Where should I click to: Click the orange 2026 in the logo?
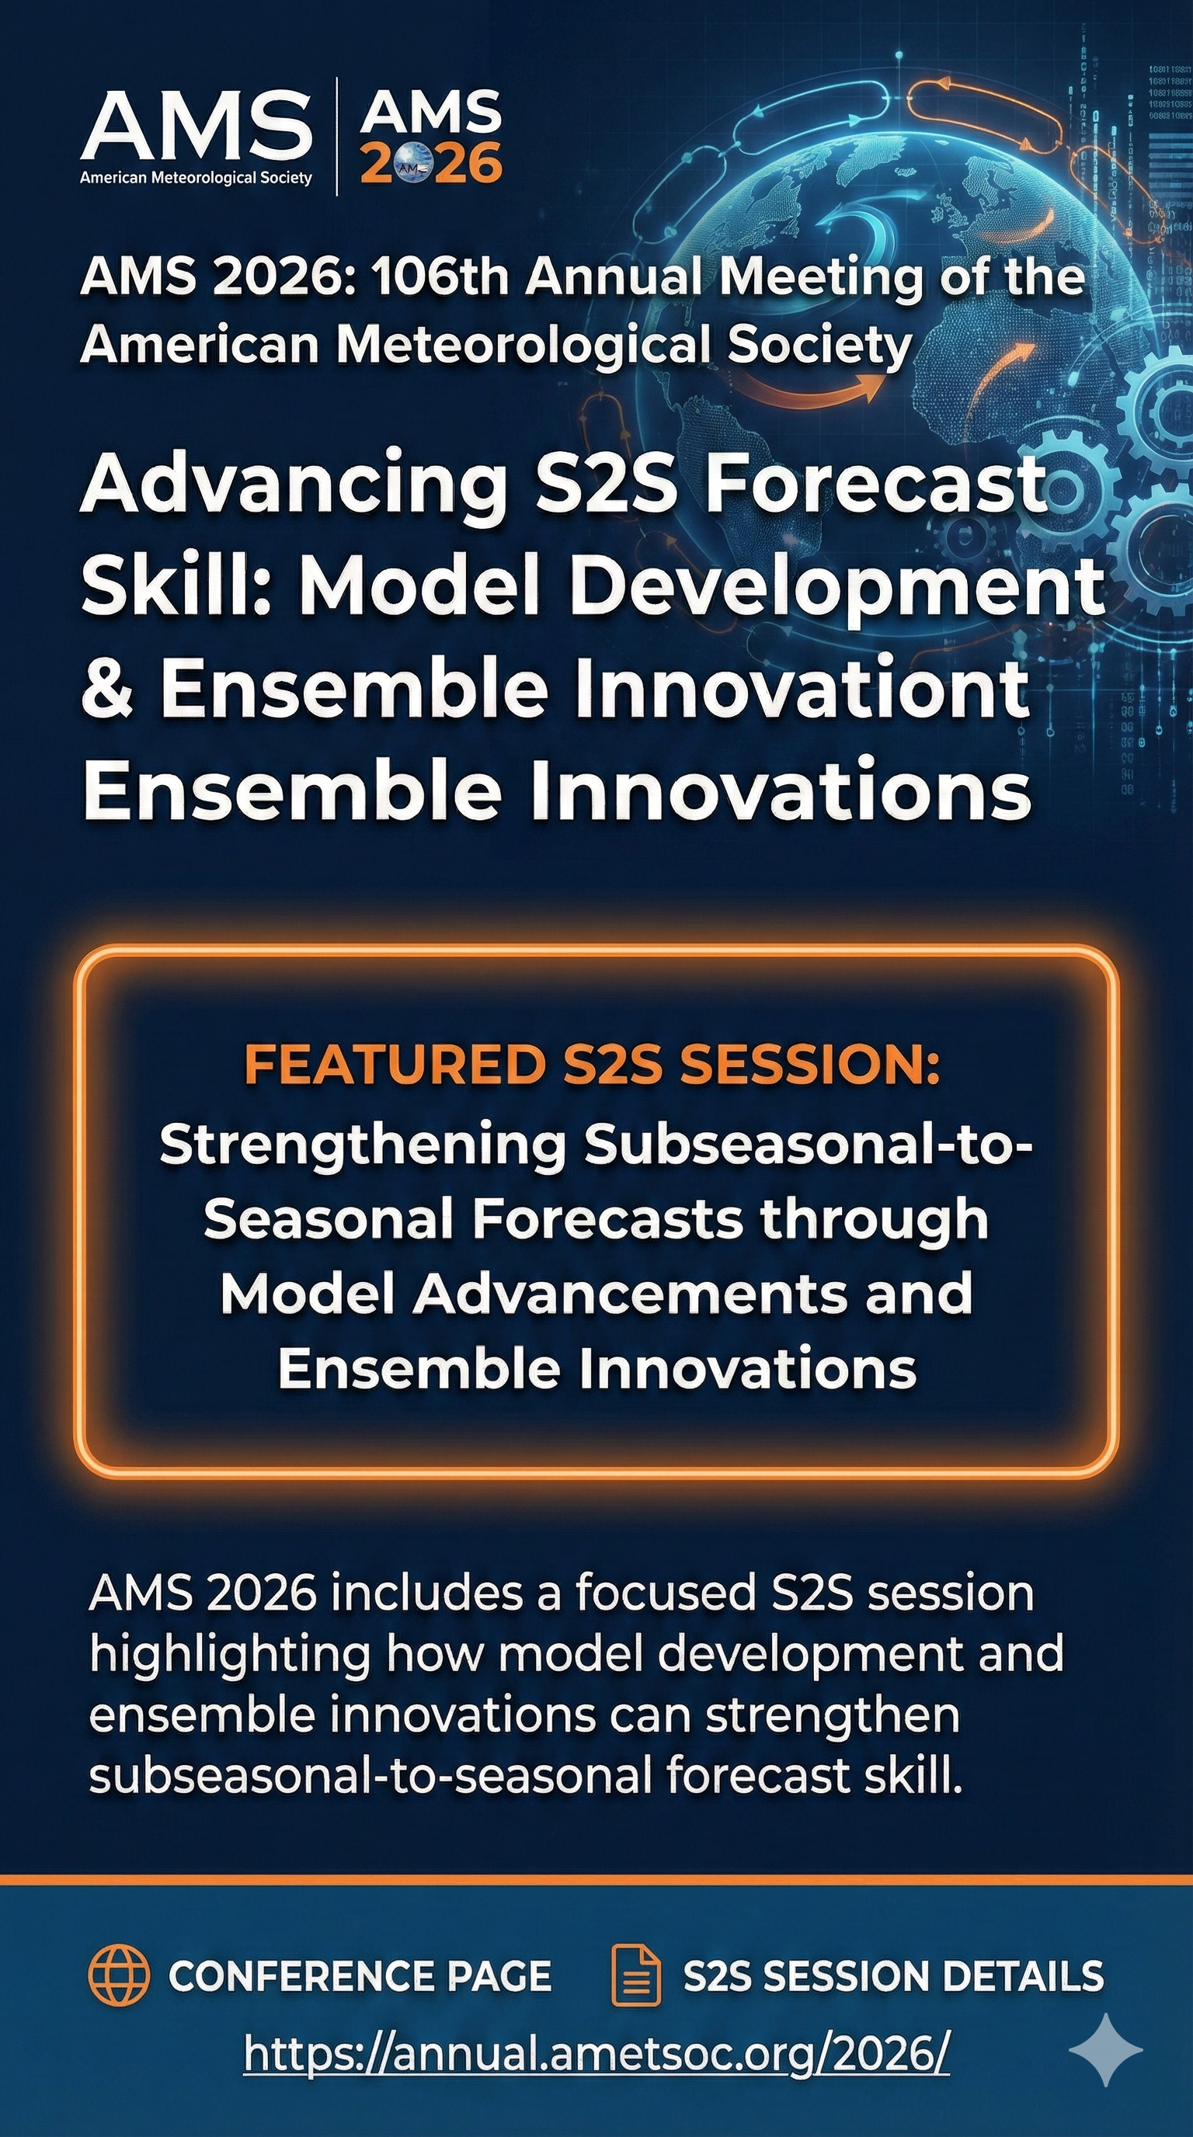(x=431, y=162)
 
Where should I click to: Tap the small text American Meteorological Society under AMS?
(x=196, y=178)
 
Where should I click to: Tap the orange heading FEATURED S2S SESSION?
(x=592, y=1065)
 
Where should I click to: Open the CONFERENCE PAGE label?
(x=360, y=1977)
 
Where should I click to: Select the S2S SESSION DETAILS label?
(x=893, y=1977)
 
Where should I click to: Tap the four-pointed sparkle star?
(x=1105, y=2050)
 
